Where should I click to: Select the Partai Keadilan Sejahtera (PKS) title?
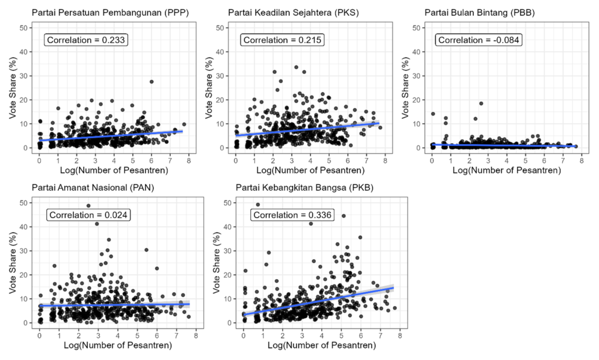click(294, 12)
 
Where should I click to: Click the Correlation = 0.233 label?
click(87, 40)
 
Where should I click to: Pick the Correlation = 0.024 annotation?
click(89, 215)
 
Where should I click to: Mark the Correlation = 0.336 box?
click(293, 215)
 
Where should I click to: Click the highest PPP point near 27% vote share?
click(152, 82)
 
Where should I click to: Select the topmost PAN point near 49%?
click(88, 205)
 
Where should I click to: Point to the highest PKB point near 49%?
click(258, 205)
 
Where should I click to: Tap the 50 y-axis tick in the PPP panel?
click(23, 28)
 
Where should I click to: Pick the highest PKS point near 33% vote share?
click(296, 67)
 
